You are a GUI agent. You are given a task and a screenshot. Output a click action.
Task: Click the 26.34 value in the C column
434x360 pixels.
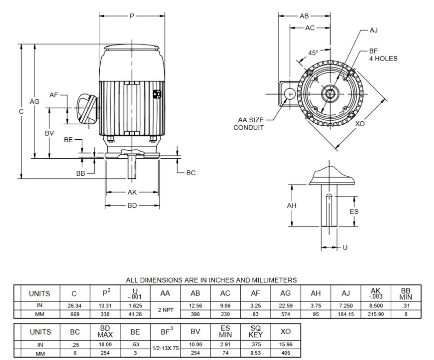pyautogui.click(x=75, y=305)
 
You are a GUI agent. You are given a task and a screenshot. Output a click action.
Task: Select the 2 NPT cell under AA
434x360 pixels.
pyautogui.click(x=165, y=310)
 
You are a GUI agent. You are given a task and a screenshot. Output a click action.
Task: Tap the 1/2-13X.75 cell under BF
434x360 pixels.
pyautogui.click(x=165, y=348)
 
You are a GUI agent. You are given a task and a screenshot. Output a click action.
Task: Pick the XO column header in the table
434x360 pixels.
pyautogui.click(x=285, y=332)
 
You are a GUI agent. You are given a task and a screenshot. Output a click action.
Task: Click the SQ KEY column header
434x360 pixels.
pyautogui.click(x=255, y=332)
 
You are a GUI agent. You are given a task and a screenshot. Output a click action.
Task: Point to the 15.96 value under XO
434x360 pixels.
pyautogui.click(x=285, y=344)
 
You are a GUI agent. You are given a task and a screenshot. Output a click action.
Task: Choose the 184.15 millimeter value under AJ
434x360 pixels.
pyautogui.click(x=346, y=314)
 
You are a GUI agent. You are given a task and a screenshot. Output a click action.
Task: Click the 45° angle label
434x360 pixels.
pyautogui.click(x=313, y=53)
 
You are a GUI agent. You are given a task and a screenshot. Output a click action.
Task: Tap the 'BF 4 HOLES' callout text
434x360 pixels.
pyautogui.click(x=383, y=55)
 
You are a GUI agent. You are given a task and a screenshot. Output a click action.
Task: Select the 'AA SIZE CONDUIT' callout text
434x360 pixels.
pyautogui.click(x=250, y=124)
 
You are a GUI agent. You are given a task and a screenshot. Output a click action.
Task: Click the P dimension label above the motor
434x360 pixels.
pyautogui.click(x=132, y=16)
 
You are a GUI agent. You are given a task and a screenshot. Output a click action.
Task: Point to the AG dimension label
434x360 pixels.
pyautogui.click(x=35, y=101)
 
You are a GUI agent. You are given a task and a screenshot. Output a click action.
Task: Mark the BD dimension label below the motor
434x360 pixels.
pyautogui.click(x=132, y=205)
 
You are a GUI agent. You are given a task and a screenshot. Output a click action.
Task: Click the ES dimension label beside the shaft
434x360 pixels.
pyautogui.click(x=354, y=212)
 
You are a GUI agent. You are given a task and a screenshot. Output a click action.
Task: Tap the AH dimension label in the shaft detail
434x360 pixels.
pyautogui.click(x=292, y=205)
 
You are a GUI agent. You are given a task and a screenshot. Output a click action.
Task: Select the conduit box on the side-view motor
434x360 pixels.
pyautogui.click(x=87, y=109)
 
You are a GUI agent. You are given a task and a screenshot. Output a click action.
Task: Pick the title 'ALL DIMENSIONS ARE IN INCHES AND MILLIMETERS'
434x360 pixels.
pyautogui.click(x=211, y=280)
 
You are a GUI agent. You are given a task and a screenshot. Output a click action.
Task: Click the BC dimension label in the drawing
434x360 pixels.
pyautogui.click(x=191, y=173)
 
